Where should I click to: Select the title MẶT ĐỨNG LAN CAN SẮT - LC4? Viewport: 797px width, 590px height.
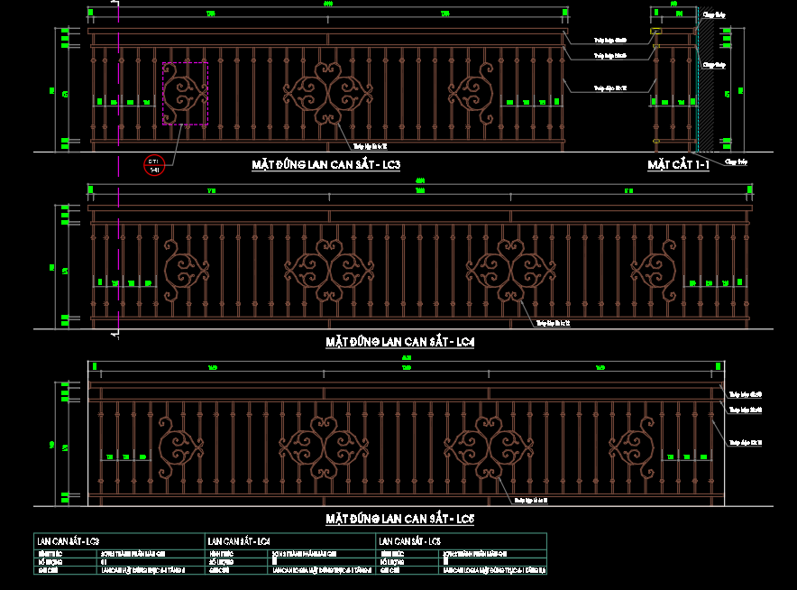coord(400,343)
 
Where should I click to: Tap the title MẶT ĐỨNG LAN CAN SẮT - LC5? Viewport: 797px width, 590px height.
coord(400,520)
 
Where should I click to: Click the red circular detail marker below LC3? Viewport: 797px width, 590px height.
coord(154,165)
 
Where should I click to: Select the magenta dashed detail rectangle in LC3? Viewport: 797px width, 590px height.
coord(185,94)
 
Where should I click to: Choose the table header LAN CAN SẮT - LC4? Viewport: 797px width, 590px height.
coord(239,541)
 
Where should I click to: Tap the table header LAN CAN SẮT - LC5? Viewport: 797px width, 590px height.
coord(410,541)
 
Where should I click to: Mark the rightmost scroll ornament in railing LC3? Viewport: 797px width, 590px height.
coord(470,93)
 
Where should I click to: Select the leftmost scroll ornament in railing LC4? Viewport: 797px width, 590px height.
coord(187,270)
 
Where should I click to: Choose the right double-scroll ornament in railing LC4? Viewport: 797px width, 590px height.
coord(511,270)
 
